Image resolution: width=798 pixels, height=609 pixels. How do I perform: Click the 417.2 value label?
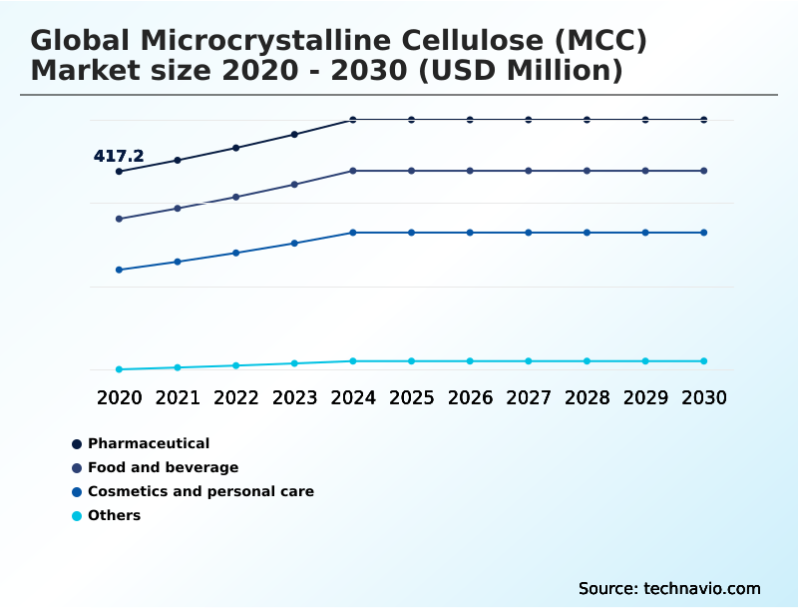(x=119, y=156)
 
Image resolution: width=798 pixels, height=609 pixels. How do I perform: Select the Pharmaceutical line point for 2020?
(x=119, y=172)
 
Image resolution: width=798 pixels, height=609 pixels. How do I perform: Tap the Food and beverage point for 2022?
(x=236, y=197)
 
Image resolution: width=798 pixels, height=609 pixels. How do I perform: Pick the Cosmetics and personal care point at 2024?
(x=353, y=233)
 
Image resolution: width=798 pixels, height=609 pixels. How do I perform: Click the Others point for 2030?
(x=704, y=360)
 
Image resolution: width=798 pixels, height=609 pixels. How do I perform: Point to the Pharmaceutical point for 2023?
(x=294, y=134)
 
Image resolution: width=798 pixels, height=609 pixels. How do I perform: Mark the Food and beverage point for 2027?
(x=529, y=171)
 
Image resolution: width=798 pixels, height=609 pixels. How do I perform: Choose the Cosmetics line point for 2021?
(x=178, y=262)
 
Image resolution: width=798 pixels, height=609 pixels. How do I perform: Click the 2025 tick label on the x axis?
(x=411, y=397)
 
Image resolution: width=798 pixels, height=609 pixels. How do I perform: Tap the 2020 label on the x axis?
(x=119, y=397)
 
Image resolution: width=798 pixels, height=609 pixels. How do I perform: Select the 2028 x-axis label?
(x=587, y=397)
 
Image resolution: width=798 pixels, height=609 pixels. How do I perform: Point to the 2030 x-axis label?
(x=704, y=397)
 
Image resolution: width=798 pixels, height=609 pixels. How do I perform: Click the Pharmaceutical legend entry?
(x=149, y=443)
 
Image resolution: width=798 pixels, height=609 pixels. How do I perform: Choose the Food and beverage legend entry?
(x=163, y=467)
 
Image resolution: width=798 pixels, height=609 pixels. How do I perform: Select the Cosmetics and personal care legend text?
(x=200, y=491)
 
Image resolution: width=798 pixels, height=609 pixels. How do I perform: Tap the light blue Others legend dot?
(x=77, y=516)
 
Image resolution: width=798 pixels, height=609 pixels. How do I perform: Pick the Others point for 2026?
(x=470, y=360)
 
